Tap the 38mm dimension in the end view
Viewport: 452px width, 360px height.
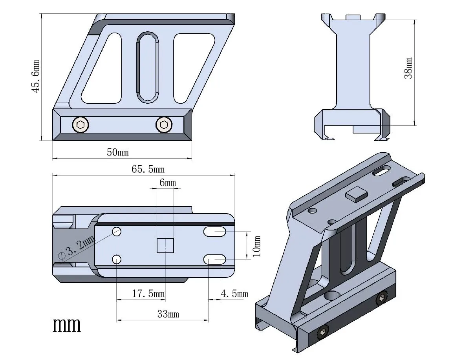click(x=409, y=68)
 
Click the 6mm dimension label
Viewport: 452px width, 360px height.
click(x=168, y=183)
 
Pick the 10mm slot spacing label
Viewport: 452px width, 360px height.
click(x=257, y=246)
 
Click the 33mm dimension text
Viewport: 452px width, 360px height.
click(x=168, y=314)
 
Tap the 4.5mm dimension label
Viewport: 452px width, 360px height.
click(x=234, y=294)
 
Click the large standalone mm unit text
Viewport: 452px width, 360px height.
click(x=67, y=325)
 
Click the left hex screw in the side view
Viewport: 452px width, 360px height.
click(x=81, y=125)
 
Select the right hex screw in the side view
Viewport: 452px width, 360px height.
click(x=164, y=125)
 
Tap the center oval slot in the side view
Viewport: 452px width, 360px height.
click(x=148, y=67)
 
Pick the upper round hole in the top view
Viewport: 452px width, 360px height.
click(x=117, y=231)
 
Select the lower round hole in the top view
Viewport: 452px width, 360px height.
click(x=117, y=259)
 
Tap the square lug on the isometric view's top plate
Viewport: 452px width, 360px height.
click(x=356, y=195)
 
